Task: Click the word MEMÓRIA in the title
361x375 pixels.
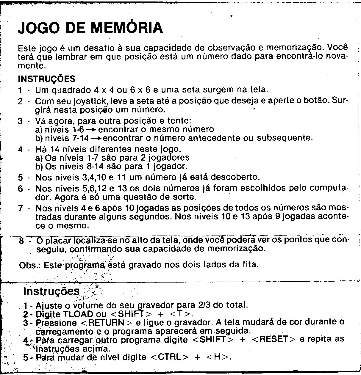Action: (127, 28)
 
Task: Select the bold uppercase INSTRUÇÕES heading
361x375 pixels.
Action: (47, 79)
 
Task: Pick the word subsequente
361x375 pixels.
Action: (285, 138)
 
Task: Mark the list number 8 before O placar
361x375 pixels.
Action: (21, 240)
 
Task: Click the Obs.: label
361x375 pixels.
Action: (30, 265)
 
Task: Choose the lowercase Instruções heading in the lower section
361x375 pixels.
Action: (51, 291)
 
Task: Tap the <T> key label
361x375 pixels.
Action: (180, 314)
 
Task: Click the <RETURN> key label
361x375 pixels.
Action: (106, 323)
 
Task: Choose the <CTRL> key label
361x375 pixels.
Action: (170, 357)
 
